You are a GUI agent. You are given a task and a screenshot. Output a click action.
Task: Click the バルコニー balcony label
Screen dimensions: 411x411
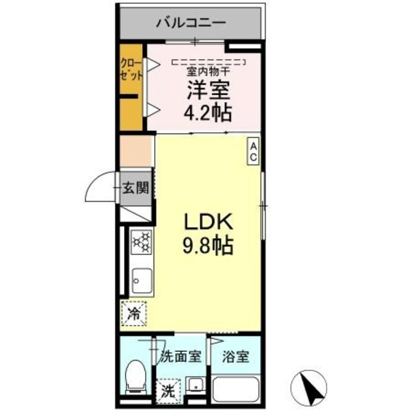coord(190,24)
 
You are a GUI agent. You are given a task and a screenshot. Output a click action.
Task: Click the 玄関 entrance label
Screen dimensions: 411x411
coord(136,188)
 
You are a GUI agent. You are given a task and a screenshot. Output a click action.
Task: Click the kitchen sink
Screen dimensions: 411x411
coord(141,281)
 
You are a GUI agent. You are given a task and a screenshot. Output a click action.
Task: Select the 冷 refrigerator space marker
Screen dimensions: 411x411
coord(135,315)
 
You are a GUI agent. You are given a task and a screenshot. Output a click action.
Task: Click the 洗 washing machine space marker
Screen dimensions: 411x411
coord(168,389)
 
